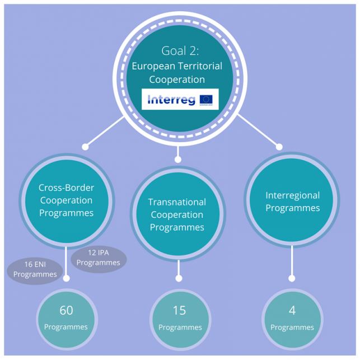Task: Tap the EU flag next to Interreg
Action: click(206, 100)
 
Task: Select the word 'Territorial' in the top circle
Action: click(199, 66)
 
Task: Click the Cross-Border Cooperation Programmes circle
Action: click(66, 200)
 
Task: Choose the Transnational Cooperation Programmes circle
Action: click(177, 214)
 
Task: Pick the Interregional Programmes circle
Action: click(292, 202)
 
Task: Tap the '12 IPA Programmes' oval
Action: click(99, 258)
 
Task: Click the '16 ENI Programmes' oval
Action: click(35, 270)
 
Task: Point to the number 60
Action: click(66, 310)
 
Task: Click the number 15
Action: click(180, 310)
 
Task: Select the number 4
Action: click(292, 310)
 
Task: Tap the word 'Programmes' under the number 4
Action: click(292, 328)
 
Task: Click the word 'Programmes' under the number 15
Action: click(180, 328)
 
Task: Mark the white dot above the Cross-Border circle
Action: click(85, 147)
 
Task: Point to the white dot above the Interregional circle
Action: click(279, 147)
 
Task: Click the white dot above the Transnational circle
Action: click(177, 160)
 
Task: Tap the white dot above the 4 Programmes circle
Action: click(292, 278)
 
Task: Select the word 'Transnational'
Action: click(177, 202)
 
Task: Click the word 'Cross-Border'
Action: click(66, 188)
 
